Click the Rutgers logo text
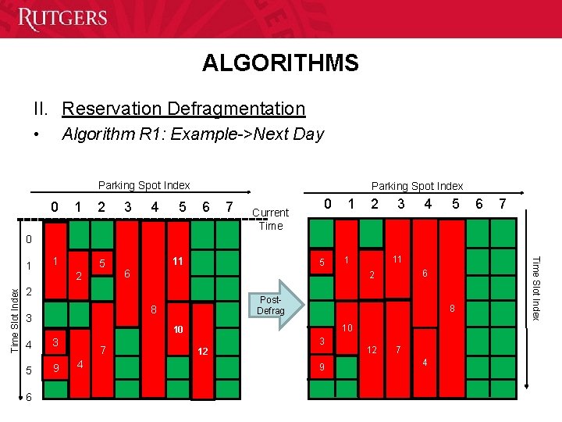coord(62,19)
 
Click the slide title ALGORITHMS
coord(280,63)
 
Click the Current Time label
coord(270,219)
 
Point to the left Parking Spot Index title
coord(144,185)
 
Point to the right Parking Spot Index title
coord(417,186)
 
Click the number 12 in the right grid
coord(372,349)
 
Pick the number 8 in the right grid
coord(451,309)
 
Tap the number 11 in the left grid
coord(178,261)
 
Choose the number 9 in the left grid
coord(55,367)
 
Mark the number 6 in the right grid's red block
coord(424,273)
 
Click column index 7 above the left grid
coord(227,207)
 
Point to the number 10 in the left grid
coord(178,330)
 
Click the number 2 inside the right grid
coord(372,275)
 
